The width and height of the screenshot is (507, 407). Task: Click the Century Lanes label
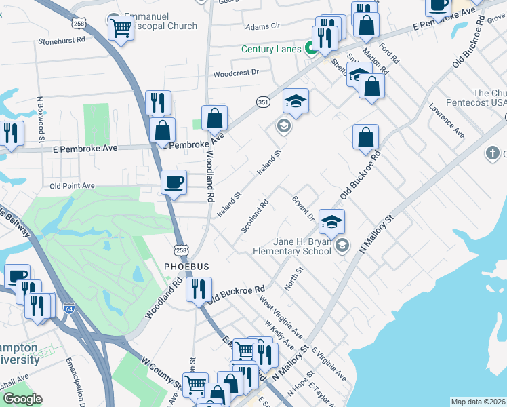pos(271,50)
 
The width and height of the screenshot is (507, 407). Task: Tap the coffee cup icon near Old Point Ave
pos(174,182)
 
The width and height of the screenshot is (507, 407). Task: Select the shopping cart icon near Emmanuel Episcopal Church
pos(121,28)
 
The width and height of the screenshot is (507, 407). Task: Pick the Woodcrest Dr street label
pos(237,73)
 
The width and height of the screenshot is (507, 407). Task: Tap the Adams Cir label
pos(262,26)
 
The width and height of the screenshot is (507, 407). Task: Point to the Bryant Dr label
pos(302,208)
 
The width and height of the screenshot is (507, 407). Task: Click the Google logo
pos(22,399)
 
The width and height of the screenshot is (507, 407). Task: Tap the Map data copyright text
pos(479,402)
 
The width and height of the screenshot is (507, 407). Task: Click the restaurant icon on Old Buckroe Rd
pos(199,289)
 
